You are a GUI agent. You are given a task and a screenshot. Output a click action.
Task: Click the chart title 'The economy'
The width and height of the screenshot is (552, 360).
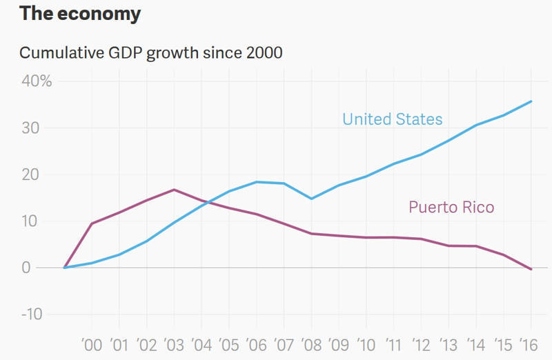(80, 13)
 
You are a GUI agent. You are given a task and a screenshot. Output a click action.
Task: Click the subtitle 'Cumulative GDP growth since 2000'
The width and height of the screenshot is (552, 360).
(150, 52)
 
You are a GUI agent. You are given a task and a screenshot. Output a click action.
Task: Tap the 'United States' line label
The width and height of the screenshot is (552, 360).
(392, 119)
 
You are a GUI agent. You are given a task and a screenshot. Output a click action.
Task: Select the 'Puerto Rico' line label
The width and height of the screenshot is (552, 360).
(451, 207)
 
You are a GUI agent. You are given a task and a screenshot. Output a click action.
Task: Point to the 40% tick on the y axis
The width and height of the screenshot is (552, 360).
(36, 81)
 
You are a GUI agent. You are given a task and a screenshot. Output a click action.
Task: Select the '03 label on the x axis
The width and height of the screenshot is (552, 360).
(174, 344)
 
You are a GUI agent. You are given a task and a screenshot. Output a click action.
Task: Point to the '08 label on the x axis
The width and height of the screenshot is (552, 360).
(310, 344)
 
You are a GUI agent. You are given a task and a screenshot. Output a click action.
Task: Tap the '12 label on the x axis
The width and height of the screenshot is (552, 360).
(420, 344)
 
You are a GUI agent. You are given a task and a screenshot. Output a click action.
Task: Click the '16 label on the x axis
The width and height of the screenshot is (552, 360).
(529, 344)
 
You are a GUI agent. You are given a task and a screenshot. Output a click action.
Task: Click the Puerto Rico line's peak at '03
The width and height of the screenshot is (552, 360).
(174, 190)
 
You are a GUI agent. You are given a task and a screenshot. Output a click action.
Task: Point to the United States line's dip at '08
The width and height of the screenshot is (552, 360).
(311, 199)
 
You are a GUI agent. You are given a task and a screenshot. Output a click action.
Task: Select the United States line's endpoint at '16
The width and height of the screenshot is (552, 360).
(531, 101)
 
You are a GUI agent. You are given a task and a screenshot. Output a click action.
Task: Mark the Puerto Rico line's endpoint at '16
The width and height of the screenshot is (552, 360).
(531, 269)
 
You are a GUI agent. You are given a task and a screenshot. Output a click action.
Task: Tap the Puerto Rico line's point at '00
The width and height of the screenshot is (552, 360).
(92, 223)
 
